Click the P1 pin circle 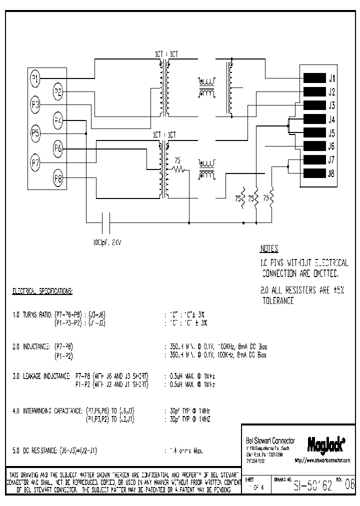point(34,77)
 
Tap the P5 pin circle point(34,133)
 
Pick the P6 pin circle point(58,148)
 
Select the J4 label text point(331,119)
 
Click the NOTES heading point(269,249)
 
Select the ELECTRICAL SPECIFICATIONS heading point(42,290)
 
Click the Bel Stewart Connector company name point(270,440)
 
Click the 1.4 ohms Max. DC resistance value point(184,450)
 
